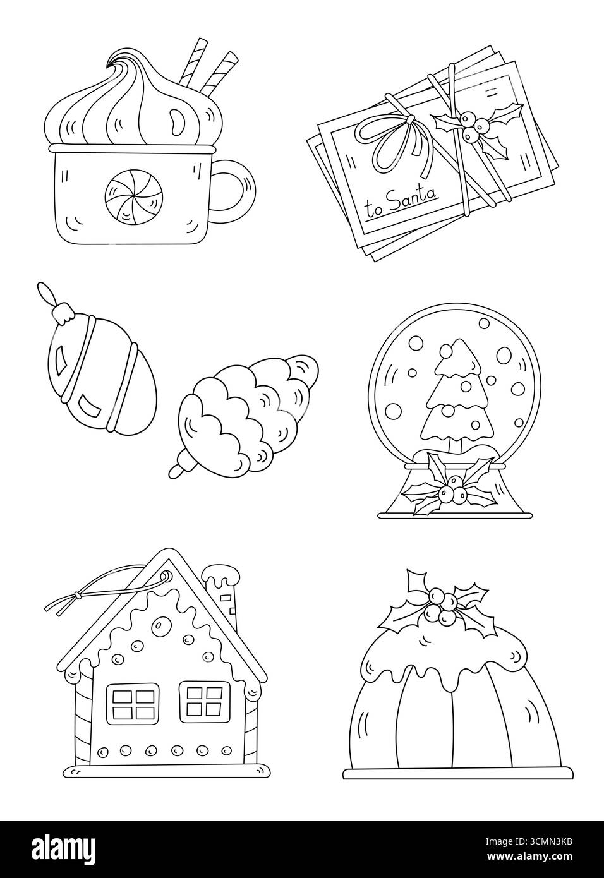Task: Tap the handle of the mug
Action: [236, 187]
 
